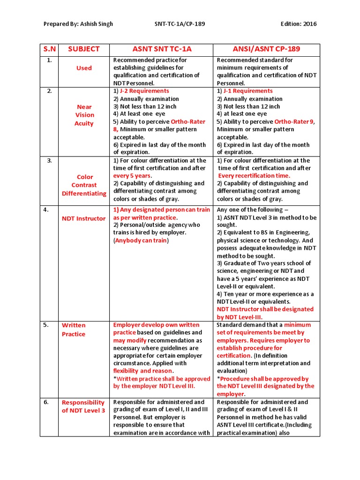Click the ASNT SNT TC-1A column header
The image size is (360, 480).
tap(162, 49)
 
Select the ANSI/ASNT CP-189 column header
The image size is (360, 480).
tap(267, 49)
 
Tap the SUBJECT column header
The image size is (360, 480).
tap(84, 49)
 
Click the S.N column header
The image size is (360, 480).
tap(50, 49)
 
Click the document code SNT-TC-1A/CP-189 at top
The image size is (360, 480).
tap(180, 24)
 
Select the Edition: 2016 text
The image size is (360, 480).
tap(299, 24)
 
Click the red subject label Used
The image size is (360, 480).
tap(84, 68)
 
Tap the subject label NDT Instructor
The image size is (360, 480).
tap(84, 218)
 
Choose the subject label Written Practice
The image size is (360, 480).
tap(74, 330)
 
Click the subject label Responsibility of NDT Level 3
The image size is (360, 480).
tap(83, 406)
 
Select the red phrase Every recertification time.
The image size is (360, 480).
tap(254, 176)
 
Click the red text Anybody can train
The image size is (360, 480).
tap(141, 240)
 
